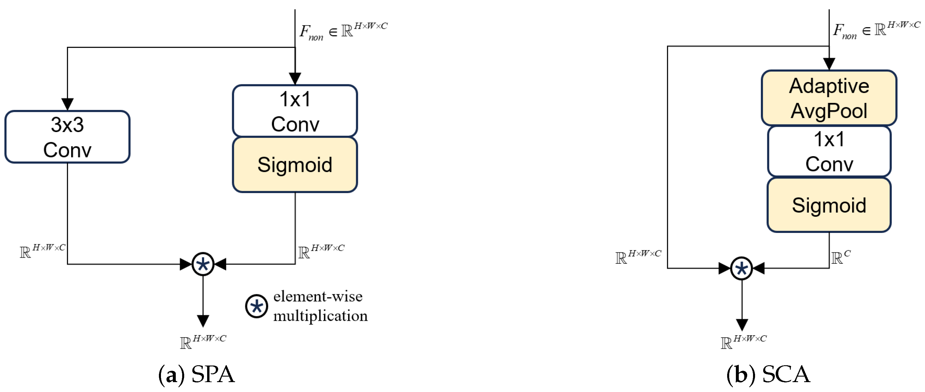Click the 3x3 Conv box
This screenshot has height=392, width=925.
[x=67, y=137]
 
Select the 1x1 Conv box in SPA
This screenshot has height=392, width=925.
[x=295, y=111]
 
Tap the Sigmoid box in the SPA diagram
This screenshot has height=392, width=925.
[x=295, y=165]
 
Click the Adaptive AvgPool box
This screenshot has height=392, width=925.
[x=829, y=98]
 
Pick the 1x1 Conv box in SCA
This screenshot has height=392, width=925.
[x=829, y=151]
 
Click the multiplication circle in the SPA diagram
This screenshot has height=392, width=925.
[x=203, y=264]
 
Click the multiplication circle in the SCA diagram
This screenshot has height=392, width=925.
[x=741, y=268]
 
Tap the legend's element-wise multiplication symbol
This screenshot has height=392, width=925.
[x=257, y=307]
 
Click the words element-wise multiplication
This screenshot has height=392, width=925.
[x=320, y=306]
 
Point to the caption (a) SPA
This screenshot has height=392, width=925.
[x=197, y=374]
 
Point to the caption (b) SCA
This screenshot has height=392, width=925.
[x=768, y=374]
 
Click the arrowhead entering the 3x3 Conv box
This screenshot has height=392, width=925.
[x=67, y=104]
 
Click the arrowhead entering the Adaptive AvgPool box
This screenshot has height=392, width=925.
[x=829, y=64]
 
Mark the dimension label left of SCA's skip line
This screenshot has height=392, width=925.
[x=638, y=257]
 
